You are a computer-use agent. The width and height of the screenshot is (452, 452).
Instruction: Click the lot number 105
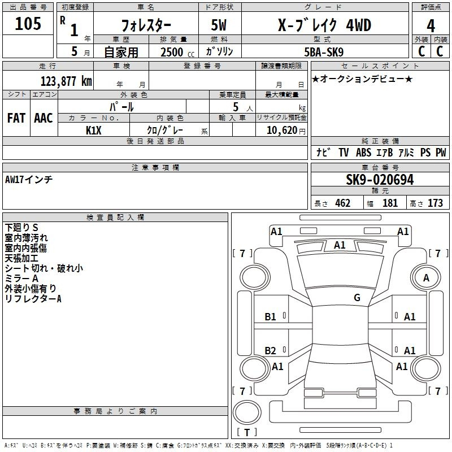pos(28,24)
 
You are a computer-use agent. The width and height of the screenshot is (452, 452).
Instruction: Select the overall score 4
pos(431,26)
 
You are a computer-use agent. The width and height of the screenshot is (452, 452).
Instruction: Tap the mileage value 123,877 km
pos(66,81)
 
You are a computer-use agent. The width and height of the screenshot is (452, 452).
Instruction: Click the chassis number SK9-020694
pos(380,180)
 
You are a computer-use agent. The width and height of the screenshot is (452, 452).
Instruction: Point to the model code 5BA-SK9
pos(324,52)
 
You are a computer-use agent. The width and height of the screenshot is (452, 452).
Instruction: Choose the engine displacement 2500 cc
pos(177,52)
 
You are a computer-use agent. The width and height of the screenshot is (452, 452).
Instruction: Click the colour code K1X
pos(93,131)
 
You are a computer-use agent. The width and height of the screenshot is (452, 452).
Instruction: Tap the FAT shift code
pos(16,118)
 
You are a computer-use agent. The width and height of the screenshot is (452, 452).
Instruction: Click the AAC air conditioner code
pos(44,118)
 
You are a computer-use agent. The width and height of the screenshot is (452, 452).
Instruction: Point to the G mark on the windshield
pos(357,297)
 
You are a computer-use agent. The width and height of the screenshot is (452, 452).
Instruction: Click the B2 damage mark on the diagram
pos(270,350)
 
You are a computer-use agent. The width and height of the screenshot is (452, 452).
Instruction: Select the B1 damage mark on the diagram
pos(270,317)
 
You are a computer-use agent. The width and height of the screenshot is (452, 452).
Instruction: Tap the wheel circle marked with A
pos(426,278)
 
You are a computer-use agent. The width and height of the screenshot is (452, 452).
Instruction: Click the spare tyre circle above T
pos(247,412)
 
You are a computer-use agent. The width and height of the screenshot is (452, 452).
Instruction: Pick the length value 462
pos(343,203)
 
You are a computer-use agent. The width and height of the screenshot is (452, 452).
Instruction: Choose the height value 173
pos(435,203)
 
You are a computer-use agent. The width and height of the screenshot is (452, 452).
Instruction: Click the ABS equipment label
pos(363,153)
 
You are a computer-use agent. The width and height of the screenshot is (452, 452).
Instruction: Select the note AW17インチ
pos(29,180)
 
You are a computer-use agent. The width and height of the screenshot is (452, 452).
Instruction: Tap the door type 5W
pos(219,25)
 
